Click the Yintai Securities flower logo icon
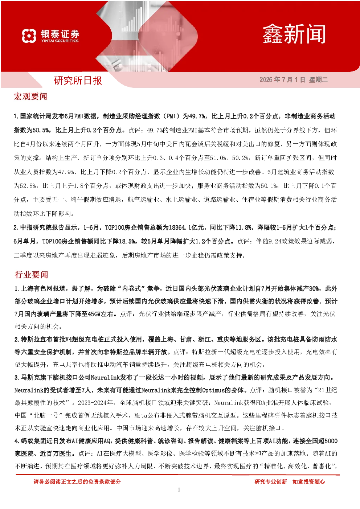[x=29, y=36]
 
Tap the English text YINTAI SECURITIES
[x=60, y=41]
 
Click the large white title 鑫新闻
[x=294, y=34]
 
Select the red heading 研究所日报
[x=78, y=81]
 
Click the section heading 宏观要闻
[x=30, y=97]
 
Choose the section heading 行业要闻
[x=31, y=275]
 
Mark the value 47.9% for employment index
[x=66, y=172]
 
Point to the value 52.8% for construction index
[x=28, y=186]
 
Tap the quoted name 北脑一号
[x=46, y=416]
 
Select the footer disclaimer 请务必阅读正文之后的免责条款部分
[x=77, y=482]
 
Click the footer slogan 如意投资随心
[x=308, y=482]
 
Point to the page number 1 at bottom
[x=179, y=490]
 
